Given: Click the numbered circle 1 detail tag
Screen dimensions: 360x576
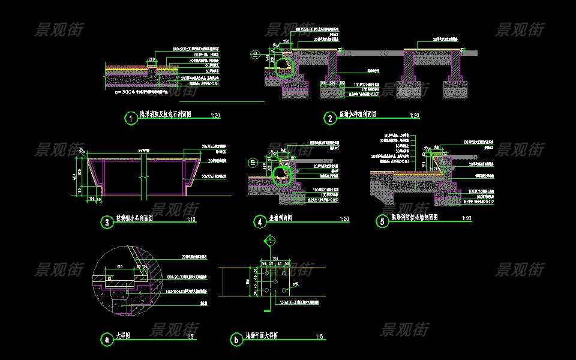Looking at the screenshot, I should pos(130,118).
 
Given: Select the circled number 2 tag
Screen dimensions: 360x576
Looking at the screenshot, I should pos(330,118).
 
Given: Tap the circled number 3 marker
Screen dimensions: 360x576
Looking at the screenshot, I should pos(107,223).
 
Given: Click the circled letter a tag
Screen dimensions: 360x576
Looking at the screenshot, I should pos(107,340).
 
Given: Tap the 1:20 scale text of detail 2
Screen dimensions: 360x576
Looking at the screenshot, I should pos(414,115).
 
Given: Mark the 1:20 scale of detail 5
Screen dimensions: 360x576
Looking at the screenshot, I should pos(466,218).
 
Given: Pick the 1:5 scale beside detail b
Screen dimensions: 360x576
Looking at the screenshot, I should pos(319,337).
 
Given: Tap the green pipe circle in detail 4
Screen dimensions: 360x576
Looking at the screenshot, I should pos(282,176).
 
